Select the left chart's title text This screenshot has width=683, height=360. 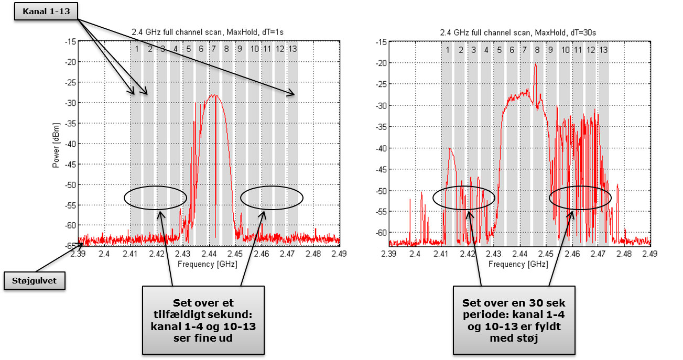point(209,32)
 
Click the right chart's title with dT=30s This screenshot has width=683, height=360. point(519,32)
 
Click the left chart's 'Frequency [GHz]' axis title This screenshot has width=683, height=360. point(208,264)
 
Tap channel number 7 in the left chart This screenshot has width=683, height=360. point(213,49)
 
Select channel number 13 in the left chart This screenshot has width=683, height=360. point(292,49)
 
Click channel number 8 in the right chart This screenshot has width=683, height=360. point(537,50)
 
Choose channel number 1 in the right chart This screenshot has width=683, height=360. point(448,50)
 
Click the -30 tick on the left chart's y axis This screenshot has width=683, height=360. point(70,102)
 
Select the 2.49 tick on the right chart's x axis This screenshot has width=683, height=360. point(650,255)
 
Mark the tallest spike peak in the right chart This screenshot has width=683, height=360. point(536,64)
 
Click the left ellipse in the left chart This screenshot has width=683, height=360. point(156,197)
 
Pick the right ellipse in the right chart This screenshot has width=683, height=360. point(580,198)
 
